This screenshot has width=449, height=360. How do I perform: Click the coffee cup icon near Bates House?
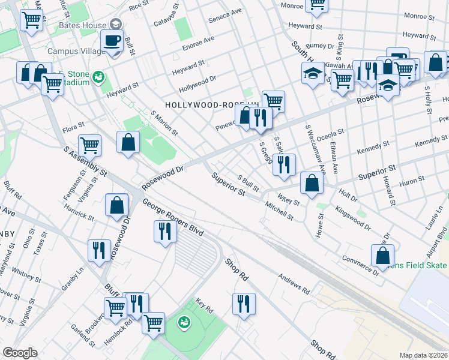coord(112,41)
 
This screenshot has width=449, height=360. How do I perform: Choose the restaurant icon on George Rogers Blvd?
coord(164,230)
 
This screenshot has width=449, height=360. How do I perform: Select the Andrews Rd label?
coord(294,284)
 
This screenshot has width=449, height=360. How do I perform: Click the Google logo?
coord(20,353)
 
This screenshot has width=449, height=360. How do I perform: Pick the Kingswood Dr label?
coord(354,219)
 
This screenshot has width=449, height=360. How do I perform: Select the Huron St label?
coord(412,179)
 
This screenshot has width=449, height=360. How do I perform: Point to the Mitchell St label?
coord(279,211)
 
